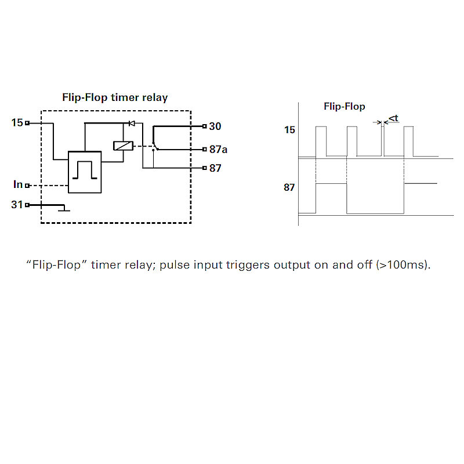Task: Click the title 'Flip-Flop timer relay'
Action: point(115,97)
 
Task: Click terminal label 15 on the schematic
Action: point(17,123)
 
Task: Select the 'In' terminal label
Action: point(18,184)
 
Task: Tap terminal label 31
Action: point(17,205)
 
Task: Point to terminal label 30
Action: point(215,126)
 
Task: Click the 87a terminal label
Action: point(218,150)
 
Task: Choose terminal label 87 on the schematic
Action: point(215,168)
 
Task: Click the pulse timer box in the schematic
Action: point(85,172)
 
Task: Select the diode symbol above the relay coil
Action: point(132,123)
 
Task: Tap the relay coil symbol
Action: point(123,146)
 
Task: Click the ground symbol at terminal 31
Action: point(64,209)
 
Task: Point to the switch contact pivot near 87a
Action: point(154,149)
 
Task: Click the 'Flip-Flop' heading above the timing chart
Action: point(344,107)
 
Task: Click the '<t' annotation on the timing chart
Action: point(394,118)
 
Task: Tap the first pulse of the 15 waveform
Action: point(321,141)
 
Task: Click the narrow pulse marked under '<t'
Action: point(383,141)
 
